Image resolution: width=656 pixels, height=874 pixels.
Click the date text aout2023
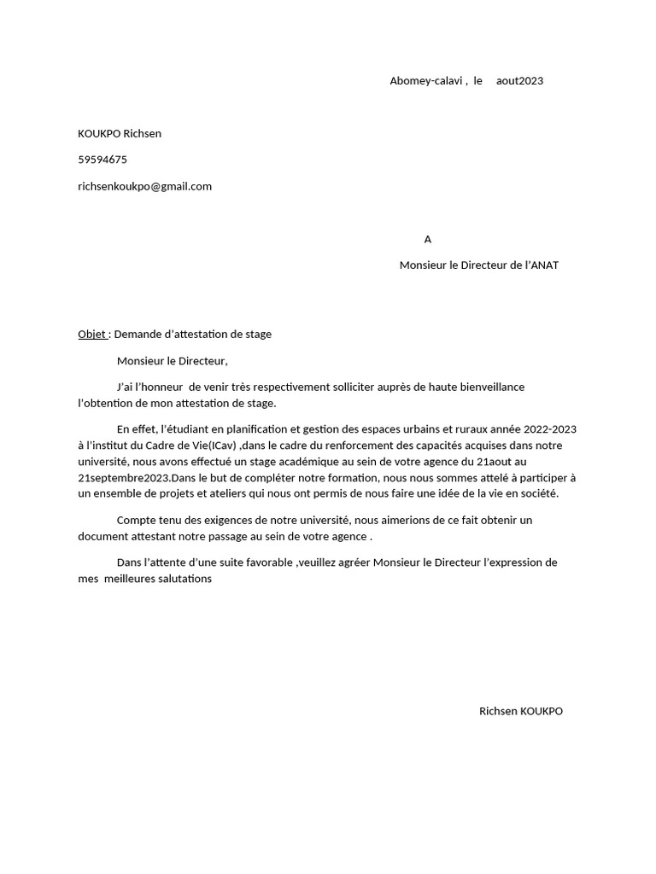(x=519, y=81)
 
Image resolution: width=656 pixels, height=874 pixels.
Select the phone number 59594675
(x=102, y=160)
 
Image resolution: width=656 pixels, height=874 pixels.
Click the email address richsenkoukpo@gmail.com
(x=144, y=186)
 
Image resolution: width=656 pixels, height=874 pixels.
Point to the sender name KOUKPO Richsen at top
(x=120, y=133)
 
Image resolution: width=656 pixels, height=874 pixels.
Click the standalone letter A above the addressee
(x=428, y=239)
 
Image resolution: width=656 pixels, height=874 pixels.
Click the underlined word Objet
(x=92, y=335)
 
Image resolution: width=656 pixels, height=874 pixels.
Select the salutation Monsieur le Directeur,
(x=173, y=361)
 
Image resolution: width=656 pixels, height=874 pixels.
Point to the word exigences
(x=225, y=520)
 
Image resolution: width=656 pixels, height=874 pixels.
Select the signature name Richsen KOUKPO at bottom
(x=521, y=711)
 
